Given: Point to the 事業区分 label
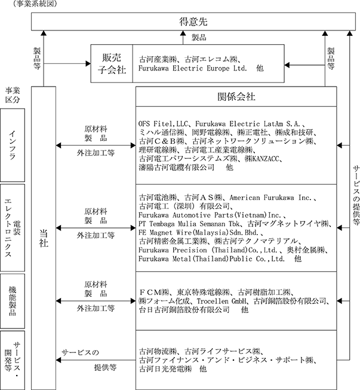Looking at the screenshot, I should click(13, 95).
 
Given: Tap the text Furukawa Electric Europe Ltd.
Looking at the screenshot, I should click(195, 69).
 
